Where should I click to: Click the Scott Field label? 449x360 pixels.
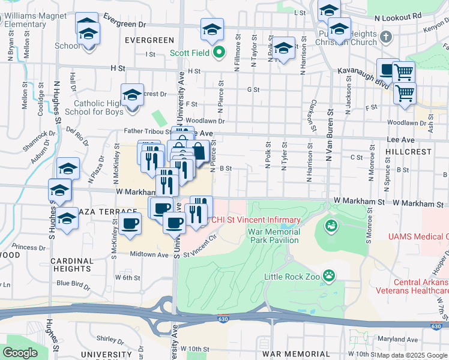pos(189,53)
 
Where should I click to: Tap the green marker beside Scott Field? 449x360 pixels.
pos(219,52)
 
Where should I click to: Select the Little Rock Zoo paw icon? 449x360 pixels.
pos(328,275)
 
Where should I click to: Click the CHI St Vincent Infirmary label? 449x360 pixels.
pos(255,220)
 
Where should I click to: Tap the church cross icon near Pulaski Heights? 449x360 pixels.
pos(386,37)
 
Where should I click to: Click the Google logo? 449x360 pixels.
pos(20,353)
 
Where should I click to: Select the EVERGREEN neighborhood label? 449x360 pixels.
pos(149,40)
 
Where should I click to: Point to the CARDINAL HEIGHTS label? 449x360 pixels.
pos(71,265)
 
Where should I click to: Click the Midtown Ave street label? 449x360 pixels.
pos(150,254)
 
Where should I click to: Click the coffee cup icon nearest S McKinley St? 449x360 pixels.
pos(130,225)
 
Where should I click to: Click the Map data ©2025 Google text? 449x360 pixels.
pos(412,355)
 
